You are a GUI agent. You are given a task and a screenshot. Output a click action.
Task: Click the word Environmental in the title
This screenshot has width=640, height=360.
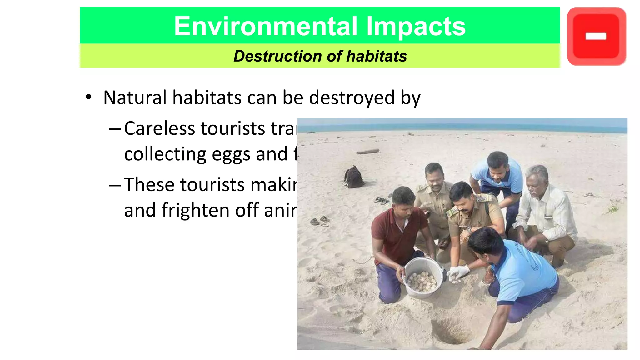[265, 26]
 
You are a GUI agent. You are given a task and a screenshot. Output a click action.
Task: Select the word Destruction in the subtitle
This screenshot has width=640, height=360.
[277, 56]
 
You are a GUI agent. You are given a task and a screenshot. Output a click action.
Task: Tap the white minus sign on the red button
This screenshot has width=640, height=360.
[596, 37]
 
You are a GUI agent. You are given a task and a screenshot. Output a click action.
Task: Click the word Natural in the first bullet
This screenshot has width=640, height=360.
[135, 97]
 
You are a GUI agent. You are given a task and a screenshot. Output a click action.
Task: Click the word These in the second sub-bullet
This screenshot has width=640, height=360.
[149, 185]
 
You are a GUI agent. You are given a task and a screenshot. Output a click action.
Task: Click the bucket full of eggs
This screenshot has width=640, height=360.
[423, 277]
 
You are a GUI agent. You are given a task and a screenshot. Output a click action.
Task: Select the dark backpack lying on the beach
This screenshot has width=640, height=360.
[354, 177]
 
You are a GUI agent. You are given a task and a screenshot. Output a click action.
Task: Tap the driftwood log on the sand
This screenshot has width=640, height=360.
[368, 152]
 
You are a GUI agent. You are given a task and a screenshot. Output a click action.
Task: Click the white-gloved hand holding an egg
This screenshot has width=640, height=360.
[458, 272]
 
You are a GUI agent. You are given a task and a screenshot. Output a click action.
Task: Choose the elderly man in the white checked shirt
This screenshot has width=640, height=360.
[545, 212]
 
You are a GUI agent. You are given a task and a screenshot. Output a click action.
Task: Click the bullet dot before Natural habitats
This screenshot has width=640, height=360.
[89, 97]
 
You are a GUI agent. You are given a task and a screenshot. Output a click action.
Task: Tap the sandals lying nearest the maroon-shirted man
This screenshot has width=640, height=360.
[320, 221]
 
